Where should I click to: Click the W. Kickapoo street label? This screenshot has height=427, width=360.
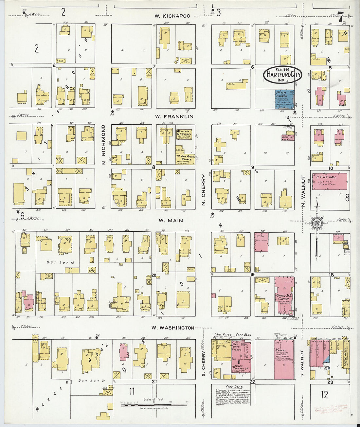[x=172, y=16]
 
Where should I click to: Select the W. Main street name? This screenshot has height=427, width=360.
[x=171, y=221]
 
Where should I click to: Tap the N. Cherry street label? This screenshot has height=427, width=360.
[x=203, y=186]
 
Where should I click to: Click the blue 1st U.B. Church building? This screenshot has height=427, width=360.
[x=283, y=99]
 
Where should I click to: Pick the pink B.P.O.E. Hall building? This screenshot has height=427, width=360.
[x=329, y=181]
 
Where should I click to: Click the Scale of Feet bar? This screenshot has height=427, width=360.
[x=154, y=405]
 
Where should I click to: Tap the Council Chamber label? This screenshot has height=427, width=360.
[x=241, y=368]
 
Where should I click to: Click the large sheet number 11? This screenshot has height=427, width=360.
[x=132, y=391]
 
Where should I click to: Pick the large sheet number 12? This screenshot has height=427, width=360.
[x=324, y=394]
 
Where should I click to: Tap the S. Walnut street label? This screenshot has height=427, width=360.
[x=302, y=363]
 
